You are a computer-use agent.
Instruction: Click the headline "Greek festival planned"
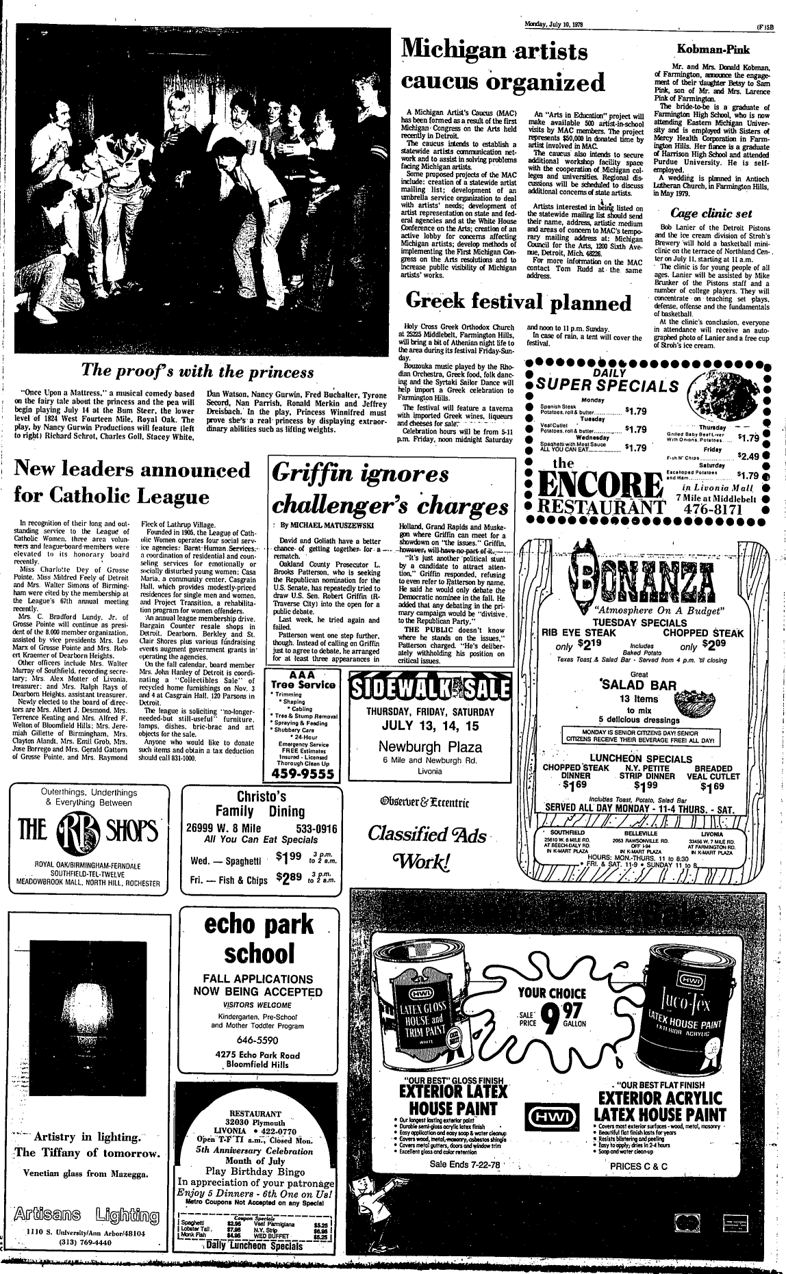pos(518,301)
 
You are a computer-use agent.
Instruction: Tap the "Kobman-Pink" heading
pos(712,49)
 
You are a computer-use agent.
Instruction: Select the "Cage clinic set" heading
pos(712,212)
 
